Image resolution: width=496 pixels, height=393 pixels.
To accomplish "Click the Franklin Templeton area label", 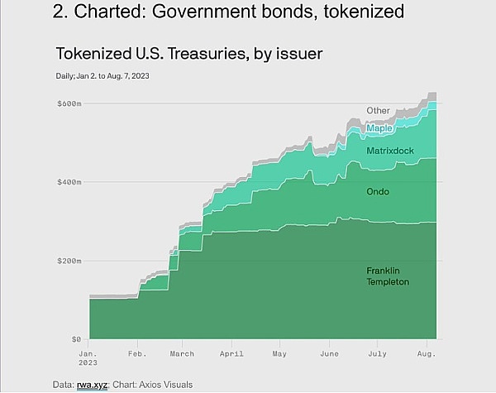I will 388,276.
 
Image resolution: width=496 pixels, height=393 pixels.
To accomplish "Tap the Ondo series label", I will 378,192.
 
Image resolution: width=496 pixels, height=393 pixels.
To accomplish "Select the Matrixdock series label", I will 389,151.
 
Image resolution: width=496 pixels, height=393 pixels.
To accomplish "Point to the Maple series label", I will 379,128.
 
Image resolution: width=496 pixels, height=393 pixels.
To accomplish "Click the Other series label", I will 379,111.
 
